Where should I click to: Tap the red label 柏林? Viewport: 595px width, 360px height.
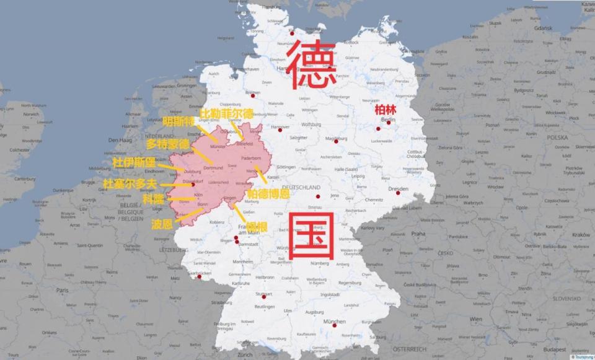[384, 109]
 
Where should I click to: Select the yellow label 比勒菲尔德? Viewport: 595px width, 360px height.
[226, 114]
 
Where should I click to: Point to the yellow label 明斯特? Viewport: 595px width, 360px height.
[178, 122]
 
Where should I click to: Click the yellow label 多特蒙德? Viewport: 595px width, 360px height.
[168, 144]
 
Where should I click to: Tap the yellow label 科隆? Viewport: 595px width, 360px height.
[154, 200]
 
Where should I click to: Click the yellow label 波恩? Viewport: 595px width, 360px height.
[162, 224]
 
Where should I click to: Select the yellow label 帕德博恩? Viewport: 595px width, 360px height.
[268, 194]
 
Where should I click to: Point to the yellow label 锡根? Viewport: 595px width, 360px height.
[256, 227]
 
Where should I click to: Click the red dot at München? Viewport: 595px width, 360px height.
[334, 325]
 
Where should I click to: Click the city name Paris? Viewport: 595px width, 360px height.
[62, 290]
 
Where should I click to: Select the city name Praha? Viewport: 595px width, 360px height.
[419, 234]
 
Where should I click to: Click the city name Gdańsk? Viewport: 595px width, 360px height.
[525, 29]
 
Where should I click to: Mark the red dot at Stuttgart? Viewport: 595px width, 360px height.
[263, 297]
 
